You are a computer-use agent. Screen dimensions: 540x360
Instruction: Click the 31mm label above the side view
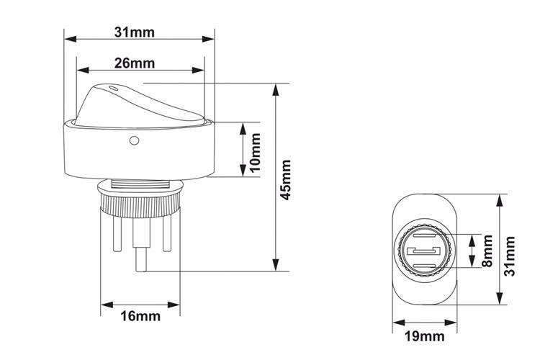[135, 32]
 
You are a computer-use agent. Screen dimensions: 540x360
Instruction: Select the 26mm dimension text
[135, 63]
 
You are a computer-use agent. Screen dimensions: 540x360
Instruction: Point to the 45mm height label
[286, 179]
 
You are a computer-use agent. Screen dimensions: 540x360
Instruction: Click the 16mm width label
[140, 316]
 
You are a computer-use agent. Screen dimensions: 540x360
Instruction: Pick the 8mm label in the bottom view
[487, 251]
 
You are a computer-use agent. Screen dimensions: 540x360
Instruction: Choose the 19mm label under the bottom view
[424, 336]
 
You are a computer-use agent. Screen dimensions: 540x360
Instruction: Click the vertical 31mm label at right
[509, 256]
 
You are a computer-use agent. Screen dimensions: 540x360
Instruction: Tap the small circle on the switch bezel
[134, 140]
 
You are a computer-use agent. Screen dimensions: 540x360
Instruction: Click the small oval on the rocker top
[113, 88]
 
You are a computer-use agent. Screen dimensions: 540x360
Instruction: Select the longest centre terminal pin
[140, 245]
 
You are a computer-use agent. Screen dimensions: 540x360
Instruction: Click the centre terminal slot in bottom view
[424, 251]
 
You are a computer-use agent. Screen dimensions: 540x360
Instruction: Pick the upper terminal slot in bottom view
[424, 236]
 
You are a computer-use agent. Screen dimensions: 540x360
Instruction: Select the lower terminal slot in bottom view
[424, 266]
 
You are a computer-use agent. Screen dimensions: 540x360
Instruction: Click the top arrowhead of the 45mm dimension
[275, 89]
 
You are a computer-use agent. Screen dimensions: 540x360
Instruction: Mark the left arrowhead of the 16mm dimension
[107, 305]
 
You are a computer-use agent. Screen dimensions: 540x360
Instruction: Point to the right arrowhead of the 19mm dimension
[451, 323]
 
